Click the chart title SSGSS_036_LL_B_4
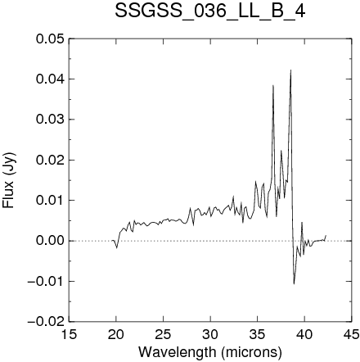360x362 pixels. click(209, 11)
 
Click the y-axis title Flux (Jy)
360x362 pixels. click(8, 180)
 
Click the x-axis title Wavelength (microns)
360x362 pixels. click(210, 352)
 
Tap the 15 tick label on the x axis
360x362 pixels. click(69, 334)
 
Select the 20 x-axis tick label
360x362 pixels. click(116, 334)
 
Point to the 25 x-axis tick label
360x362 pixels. click(163, 334)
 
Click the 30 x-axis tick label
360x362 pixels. click(210, 334)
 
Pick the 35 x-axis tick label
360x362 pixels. click(258, 334)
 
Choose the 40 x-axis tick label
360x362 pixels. click(304, 334)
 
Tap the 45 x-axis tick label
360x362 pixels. click(352, 334)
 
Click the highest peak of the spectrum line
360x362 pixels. click(290, 70)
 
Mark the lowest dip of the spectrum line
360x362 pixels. click(294, 284)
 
